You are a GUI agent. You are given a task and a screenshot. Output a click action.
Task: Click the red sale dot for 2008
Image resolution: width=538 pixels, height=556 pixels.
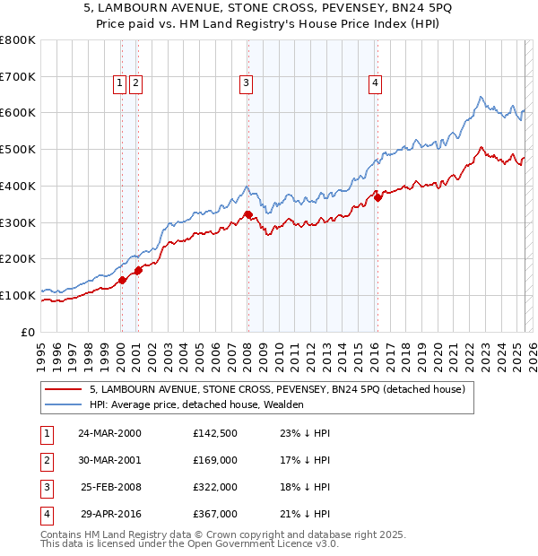(247, 214)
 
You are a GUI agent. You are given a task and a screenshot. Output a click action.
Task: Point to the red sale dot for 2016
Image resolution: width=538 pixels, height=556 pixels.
(377, 197)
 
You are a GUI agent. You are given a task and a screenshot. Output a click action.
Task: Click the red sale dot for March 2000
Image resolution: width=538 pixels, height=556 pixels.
(122, 280)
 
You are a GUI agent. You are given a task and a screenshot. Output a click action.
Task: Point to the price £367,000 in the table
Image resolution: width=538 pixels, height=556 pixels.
(214, 514)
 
